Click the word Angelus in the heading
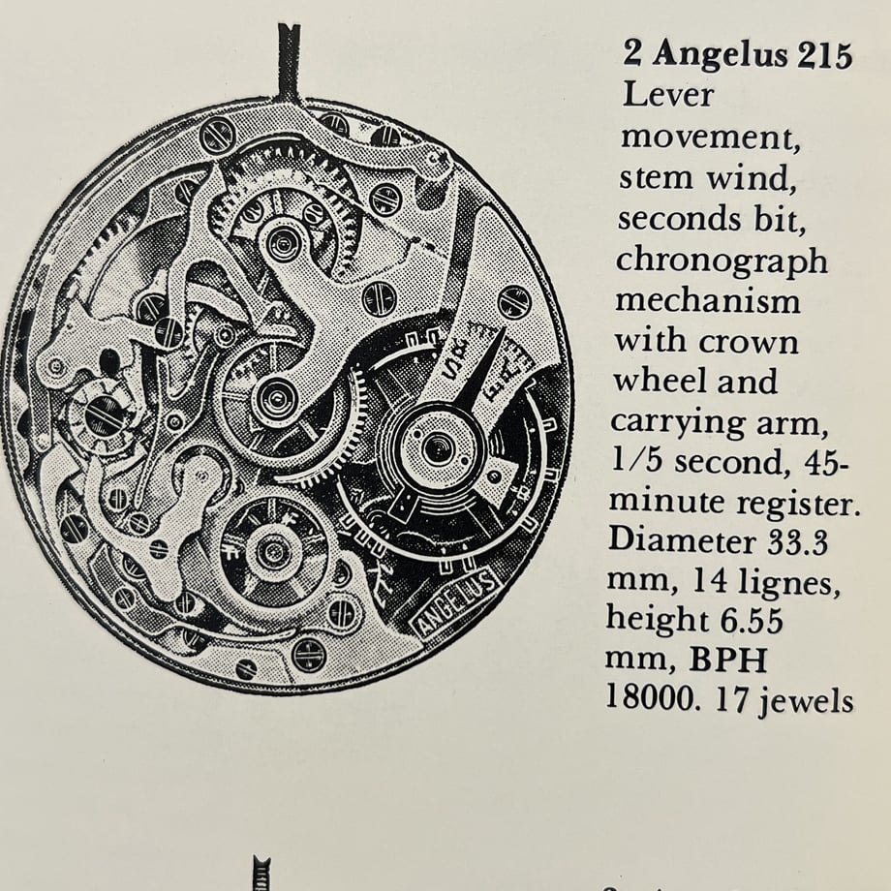pyautogui.click(x=721, y=56)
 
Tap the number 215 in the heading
pyautogui.click(x=824, y=56)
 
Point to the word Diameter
pyautogui.click(x=682, y=540)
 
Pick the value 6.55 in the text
pyautogui.click(x=752, y=620)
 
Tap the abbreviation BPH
pyautogui.click(x=728, y=660)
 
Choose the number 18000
pyautogui.click(x=651, y=697)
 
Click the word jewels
pyautogui.click(x=806, y=700)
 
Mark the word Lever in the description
pyautogui.click(x=667, y=94)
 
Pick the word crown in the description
pyautogui.click(x=749, y=343)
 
